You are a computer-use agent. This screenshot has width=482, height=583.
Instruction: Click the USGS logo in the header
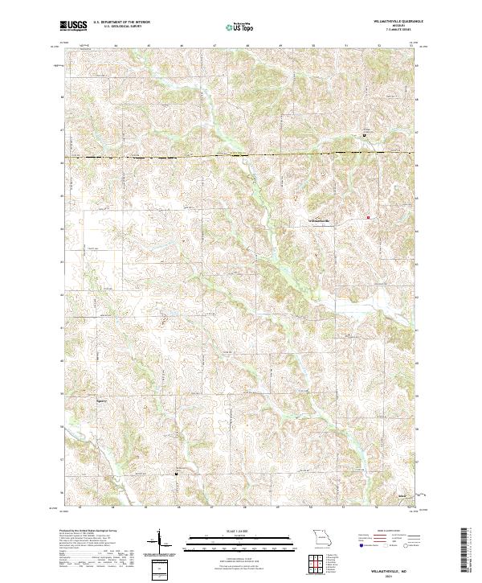pyautogui.click(x=73, y=26)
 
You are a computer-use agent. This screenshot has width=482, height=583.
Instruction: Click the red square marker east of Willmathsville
pyautogui.click(x=369, y=217)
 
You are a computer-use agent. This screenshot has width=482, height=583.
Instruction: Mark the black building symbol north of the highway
pyautogui.click(x=364, y=136)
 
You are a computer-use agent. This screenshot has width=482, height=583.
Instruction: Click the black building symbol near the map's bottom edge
pyautogui.click(x=176, y=474)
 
